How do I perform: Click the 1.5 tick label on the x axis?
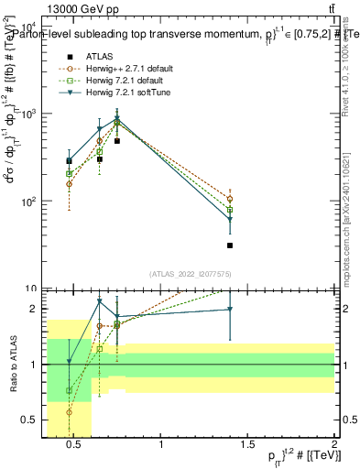coord(247,446)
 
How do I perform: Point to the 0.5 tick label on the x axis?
coord(76,446)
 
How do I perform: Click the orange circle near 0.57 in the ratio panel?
coord(69,412)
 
